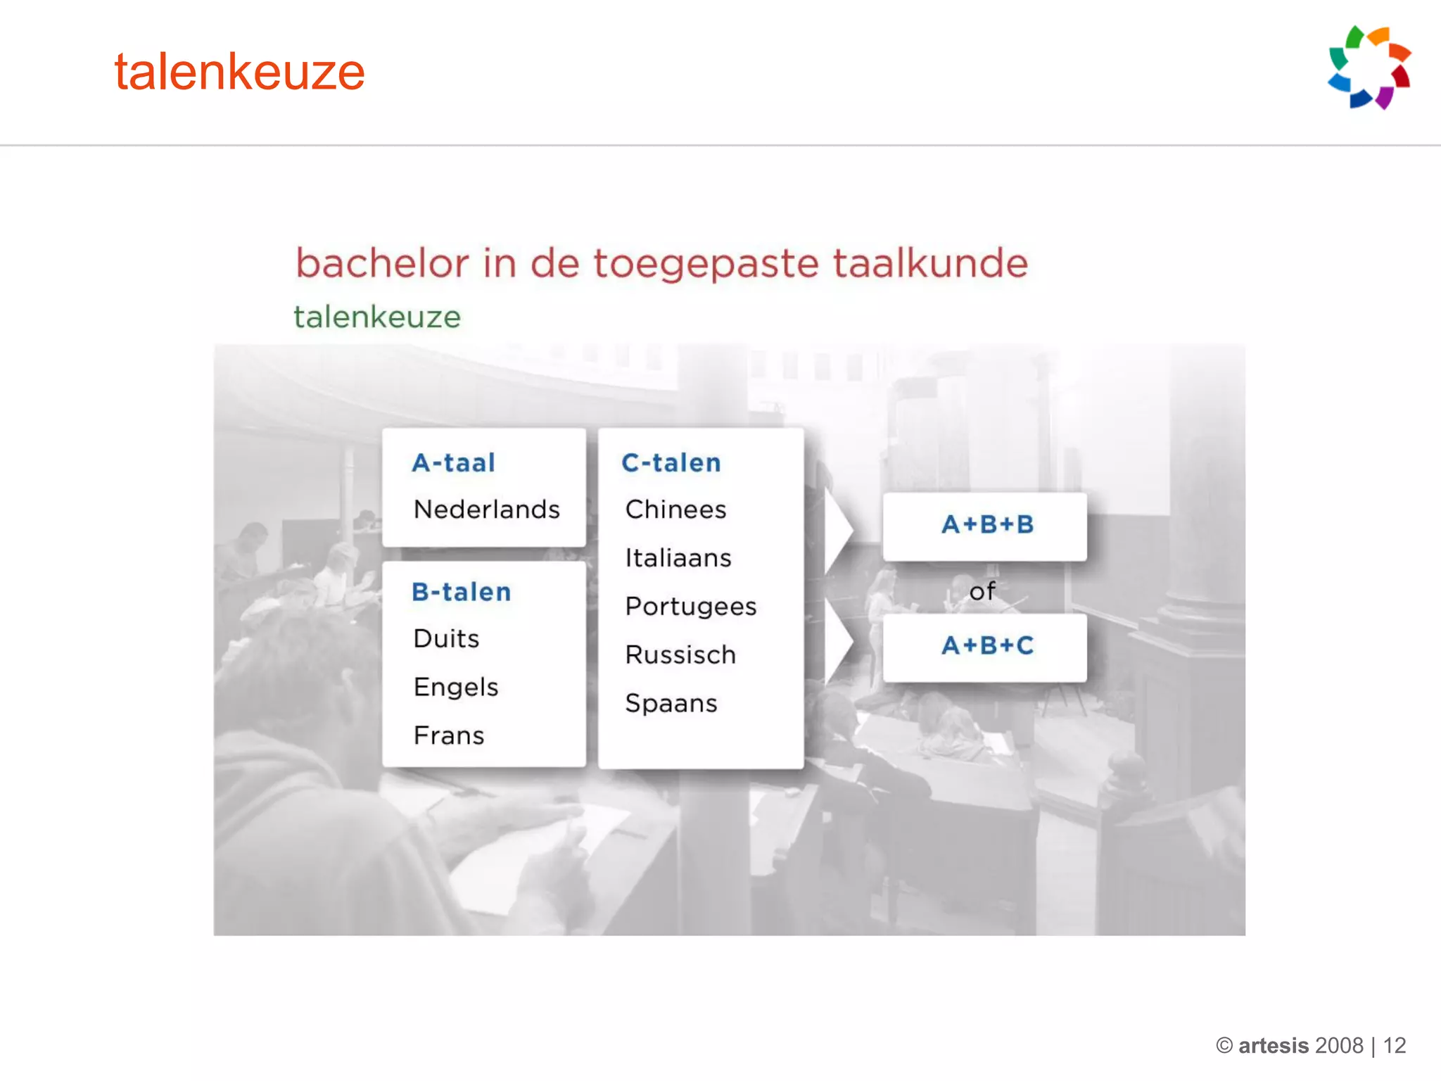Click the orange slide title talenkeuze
[239, 72]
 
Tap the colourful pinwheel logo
[1369, 68]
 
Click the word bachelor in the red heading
[382, 263]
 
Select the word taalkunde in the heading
[930, 263]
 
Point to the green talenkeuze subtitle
[377, 317]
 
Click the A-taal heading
[454, 462]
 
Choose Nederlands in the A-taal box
[487, 509]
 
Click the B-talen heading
[462, 592]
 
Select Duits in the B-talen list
[447, 638]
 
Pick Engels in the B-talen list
[456, 687]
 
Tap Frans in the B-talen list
[449, 735]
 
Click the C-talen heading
[671, 462]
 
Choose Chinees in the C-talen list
[675, 509]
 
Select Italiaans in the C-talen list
[678, 557]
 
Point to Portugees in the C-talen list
[691, 606]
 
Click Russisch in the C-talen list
[680, 655]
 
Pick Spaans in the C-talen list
[671, 703]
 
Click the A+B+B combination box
[985, 525]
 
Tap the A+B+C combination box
[985, 646]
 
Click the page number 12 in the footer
[1394, 1045]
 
